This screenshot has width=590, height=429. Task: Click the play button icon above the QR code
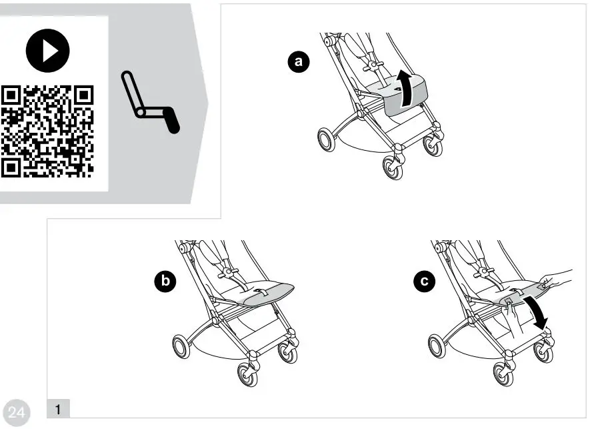click(47, 50)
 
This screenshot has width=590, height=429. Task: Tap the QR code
click(47, 131)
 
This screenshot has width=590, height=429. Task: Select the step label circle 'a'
click(298, 62)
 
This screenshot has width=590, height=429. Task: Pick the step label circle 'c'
click(422, 282)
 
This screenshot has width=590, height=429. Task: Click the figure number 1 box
click(58, 407)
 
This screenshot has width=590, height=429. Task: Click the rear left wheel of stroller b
click(181, 348)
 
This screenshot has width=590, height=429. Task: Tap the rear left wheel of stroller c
click(437, 348)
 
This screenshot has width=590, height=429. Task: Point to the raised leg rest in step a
click(404, 95)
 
